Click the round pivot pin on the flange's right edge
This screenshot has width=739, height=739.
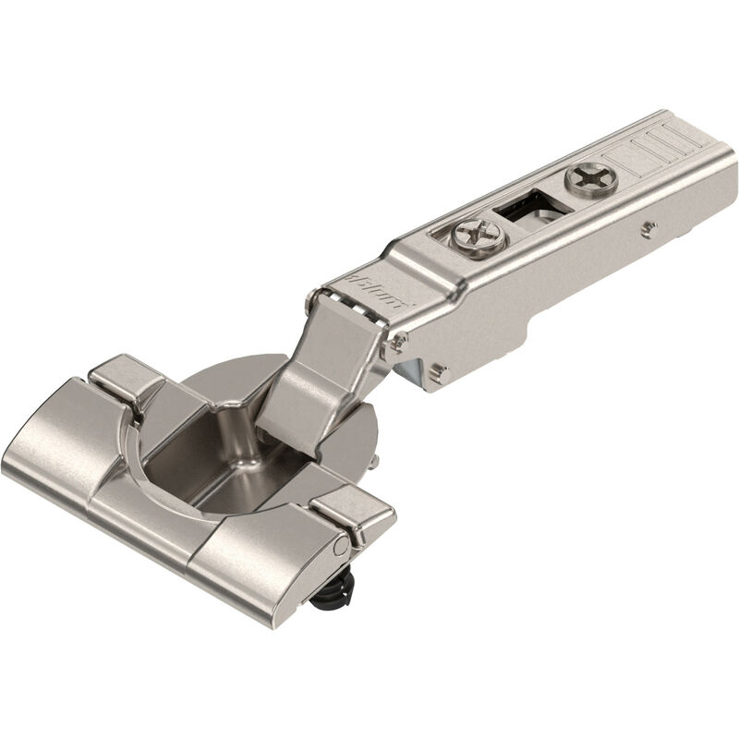342,548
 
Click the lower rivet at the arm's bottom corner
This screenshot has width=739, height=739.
439,372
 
